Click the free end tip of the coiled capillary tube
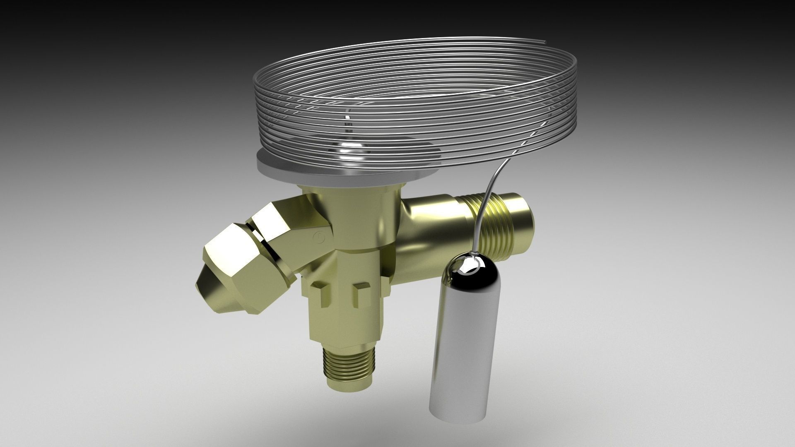pyautogui.click(x=547, y=41)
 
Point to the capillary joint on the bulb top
pyautogui.click(x=475, y=257)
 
